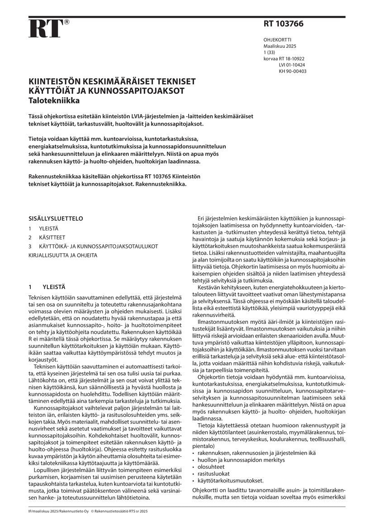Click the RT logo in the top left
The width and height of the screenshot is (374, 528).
click(45, 28)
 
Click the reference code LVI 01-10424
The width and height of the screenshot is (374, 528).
click(293, 65)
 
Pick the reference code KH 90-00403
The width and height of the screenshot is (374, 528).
click(293, 71)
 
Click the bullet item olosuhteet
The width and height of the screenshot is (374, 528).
click(211, 467)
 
